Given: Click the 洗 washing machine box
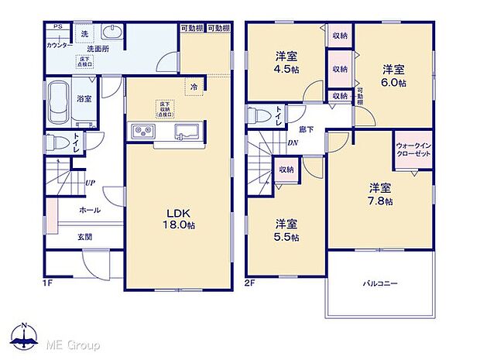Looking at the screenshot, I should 84,33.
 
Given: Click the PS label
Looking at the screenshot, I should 58,28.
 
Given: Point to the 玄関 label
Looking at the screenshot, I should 84,236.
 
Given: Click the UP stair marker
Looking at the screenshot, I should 91,183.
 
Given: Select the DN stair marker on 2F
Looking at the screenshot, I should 293,142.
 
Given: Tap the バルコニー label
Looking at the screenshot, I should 380,284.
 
